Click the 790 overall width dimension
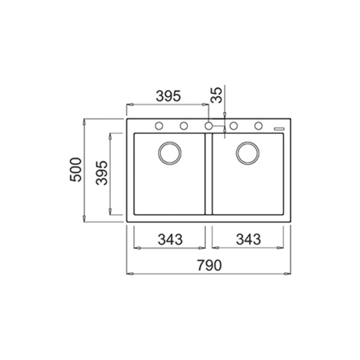[x=209, y=265]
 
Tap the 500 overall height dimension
[x=76, y=170]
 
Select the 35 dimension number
[x=216, y=95]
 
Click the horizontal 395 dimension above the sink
[x=168, y=96]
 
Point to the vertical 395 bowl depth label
[x=102, y=173]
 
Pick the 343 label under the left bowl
[x=170, y=239]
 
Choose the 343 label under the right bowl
[x=248, y=239]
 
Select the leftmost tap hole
[x=159, y=126]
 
